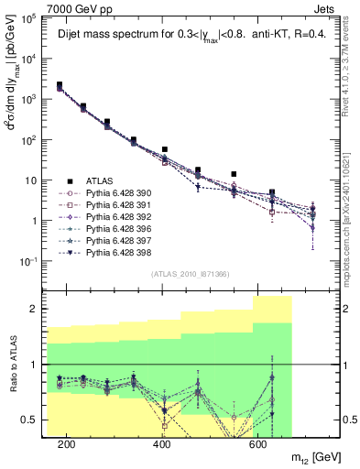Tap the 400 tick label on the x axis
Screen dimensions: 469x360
162,444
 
